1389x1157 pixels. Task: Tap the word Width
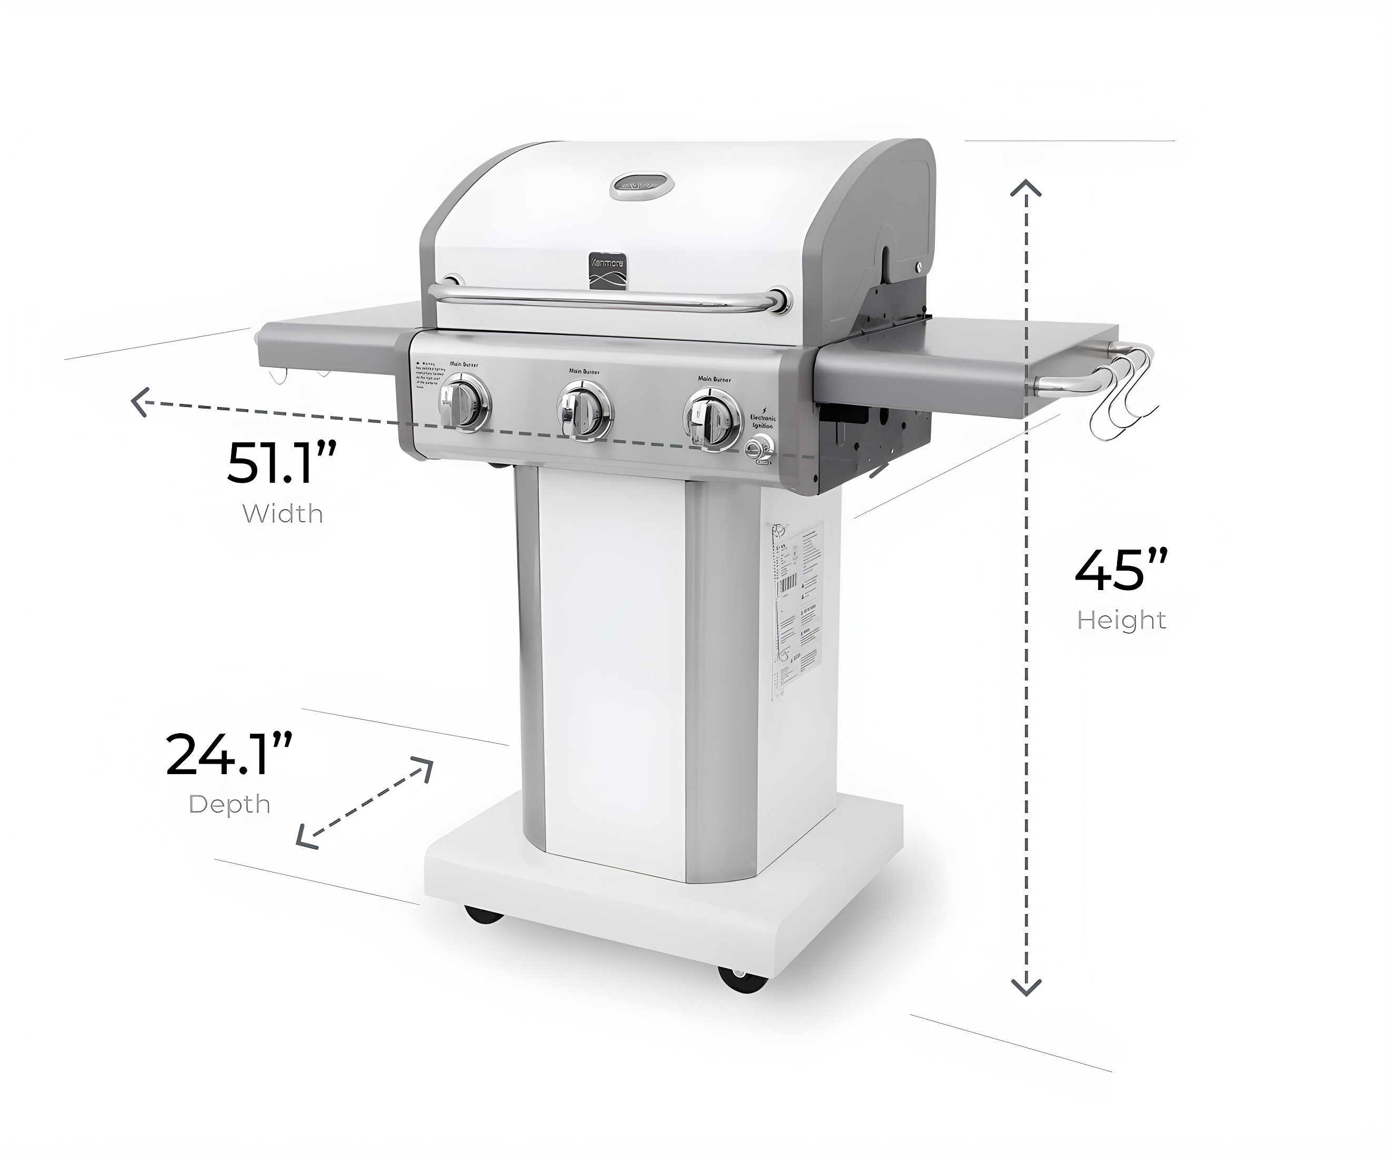pyautogui.click(x=283, y=514)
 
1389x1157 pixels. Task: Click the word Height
pyautogui.click(x=1121, y=620)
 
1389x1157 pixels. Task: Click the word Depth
pyautogui.click(x=229, y=805)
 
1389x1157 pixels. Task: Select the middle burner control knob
pyautogui.click(x=584, y=409)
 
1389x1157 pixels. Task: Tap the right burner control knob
pyautogui.click(x=712, y=419)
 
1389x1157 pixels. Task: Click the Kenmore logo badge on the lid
pyautogui.click(x=608, y=270)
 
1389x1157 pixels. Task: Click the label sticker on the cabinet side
pyautogui.click(x=797, y=612)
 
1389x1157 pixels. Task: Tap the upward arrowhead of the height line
pyautogui.click(x=1026, y=188)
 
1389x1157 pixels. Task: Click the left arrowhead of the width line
pyautogui.click(x=139, y=402)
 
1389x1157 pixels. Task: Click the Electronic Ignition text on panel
pyautogui.click(x=762, y=422)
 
